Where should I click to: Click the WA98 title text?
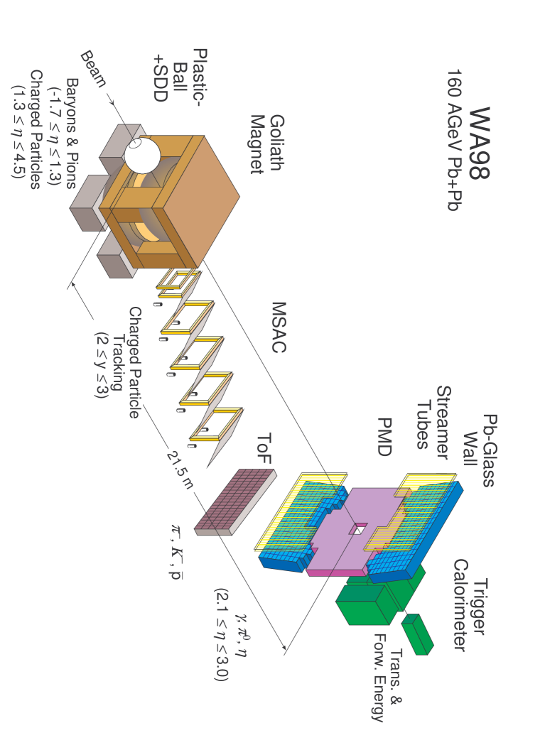coord(480,143)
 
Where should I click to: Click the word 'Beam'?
coord(91,68)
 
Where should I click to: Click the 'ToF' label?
coord(264,449)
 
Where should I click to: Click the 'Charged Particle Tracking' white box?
coord(118,364)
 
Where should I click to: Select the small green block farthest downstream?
coord(417,634)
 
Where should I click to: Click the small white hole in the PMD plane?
coord(359,529)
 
